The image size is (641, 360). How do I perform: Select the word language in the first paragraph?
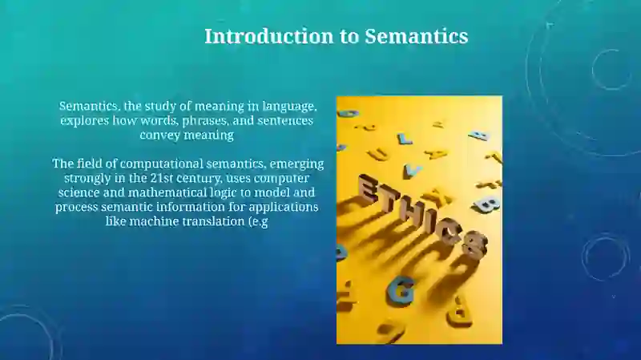point(290,107)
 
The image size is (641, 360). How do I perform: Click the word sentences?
point(284,121)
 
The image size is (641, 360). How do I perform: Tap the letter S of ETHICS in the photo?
point(474,243)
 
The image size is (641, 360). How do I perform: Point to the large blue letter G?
point(401,290)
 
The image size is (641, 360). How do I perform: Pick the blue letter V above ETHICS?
point(413,169)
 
